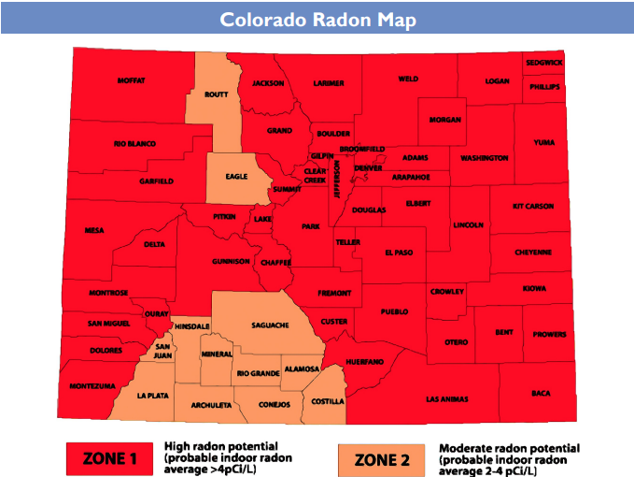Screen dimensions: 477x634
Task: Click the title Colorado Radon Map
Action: click(x=317, y=20)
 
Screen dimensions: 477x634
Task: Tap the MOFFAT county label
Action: click(x=132, y=81)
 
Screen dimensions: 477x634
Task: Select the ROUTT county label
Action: click(x=217, y=94)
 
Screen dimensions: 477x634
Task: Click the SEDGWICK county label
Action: click(x=543, y=63)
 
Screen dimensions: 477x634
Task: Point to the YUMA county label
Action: click(x=543, y=143)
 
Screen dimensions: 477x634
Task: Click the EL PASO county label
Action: click(x=399, y=253)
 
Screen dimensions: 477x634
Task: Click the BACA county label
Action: click(x=541, y=393)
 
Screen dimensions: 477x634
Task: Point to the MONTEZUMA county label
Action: click(x=92, y=385)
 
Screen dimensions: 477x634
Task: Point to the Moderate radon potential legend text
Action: click(x=509, y=457)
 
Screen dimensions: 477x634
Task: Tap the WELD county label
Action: click(x=408, y=79)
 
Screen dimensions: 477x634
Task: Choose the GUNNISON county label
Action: click(x=231, y=261)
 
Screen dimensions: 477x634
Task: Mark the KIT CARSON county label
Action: click(x=533, y=206)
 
